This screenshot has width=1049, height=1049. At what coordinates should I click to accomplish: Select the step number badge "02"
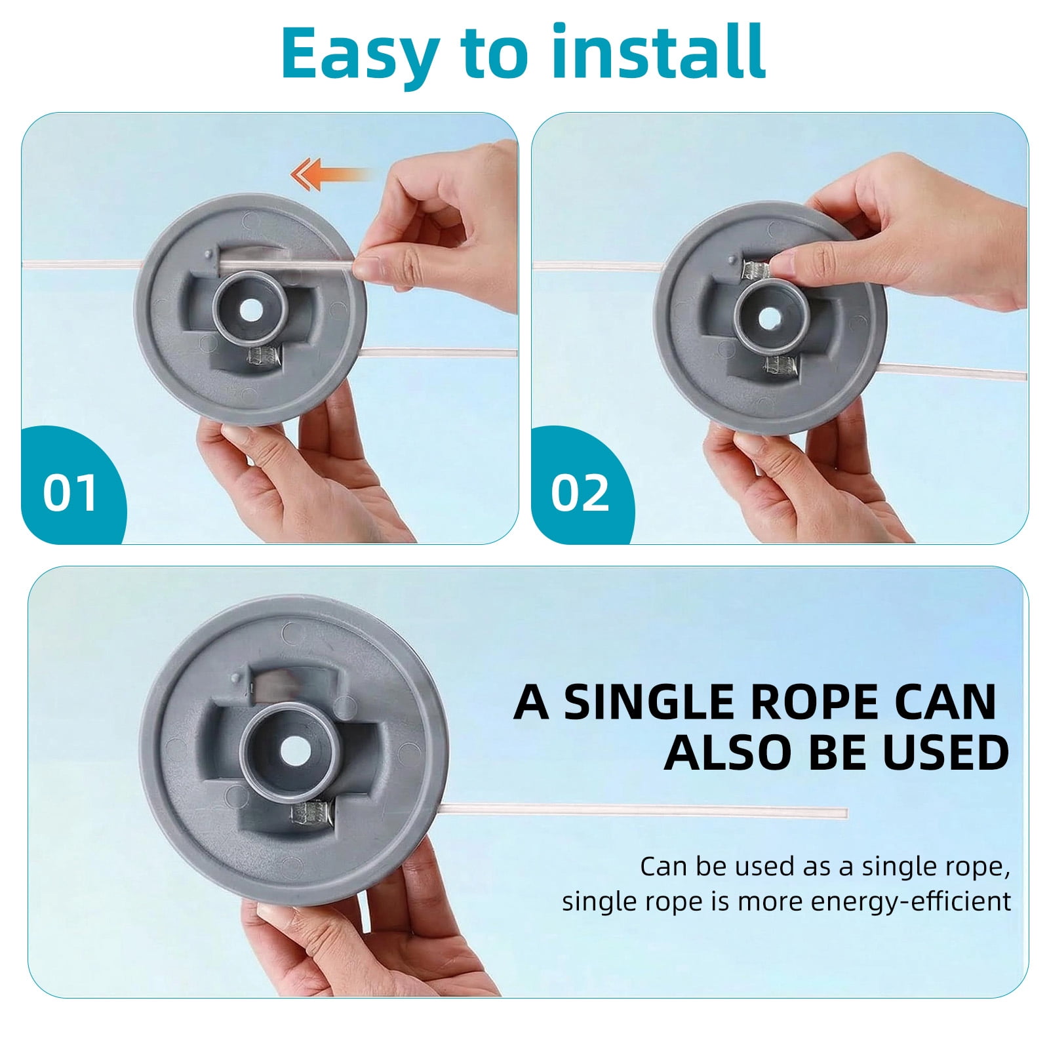click(x=580, y=494)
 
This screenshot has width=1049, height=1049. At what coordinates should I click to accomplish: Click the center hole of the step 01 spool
click(x=250, y=311)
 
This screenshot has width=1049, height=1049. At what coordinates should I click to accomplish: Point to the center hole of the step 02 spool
click(x=767, y=318)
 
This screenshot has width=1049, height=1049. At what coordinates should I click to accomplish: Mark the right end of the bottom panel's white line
click(x=846, y=814)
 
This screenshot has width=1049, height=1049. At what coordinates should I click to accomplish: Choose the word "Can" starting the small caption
click(x=663, y=867)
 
